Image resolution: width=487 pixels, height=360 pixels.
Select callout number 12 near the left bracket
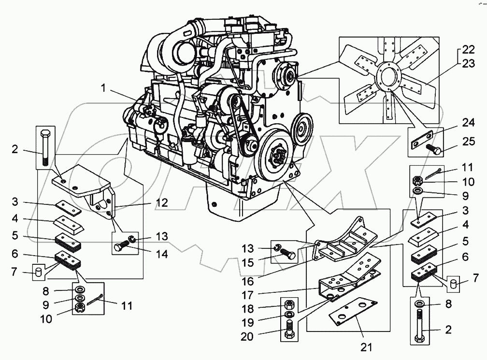[x=162, y=203]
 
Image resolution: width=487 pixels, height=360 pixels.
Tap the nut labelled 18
[x=287, y=305]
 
